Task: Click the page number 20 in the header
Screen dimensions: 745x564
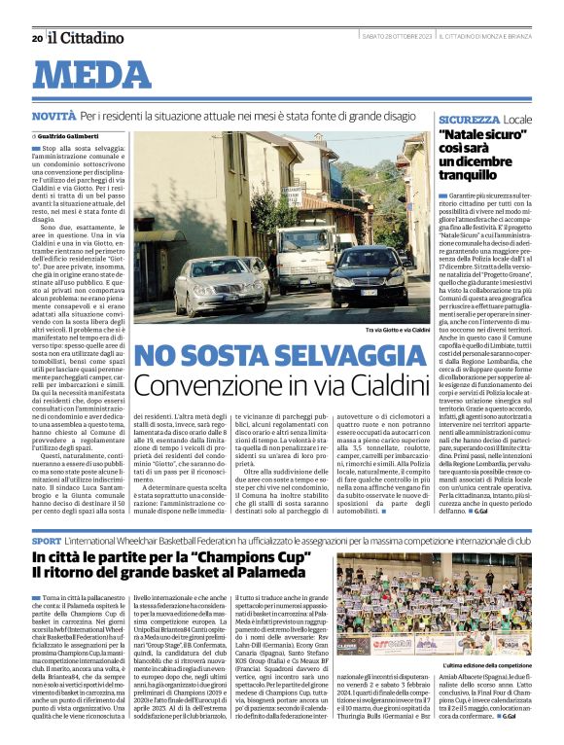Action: click(37, 38)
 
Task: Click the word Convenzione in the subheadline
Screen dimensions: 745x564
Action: click(199, 385)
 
